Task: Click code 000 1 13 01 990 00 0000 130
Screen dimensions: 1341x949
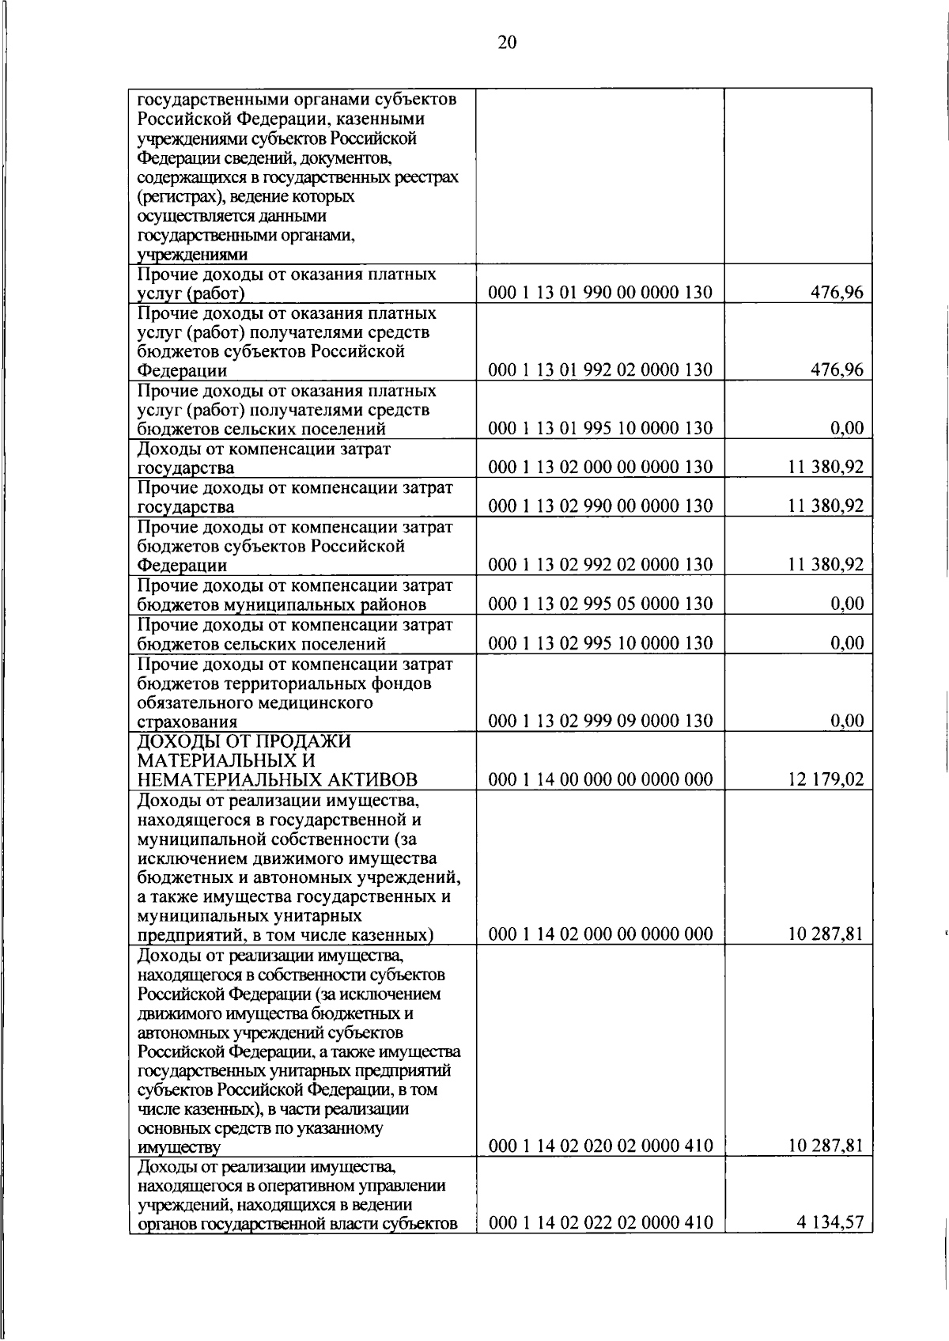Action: click(600, 293)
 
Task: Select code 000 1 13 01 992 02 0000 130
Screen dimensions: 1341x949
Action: click(600, 369)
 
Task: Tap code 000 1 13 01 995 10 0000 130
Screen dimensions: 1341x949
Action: click(600, 429)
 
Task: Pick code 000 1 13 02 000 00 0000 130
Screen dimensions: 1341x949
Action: click(600, 468)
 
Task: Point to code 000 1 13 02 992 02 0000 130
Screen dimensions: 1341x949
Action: click(600, 565)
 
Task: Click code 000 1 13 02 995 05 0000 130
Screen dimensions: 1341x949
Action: click(600, 604)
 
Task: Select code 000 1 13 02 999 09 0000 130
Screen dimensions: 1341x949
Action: click(600, 721)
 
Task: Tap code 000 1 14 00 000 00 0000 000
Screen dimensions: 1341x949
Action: click(600, 779)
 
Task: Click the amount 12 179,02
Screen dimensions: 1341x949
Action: click(826, 779)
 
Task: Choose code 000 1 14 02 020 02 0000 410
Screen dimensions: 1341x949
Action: click(600, 1146)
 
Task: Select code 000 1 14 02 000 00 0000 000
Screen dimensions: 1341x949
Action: click(600, 934)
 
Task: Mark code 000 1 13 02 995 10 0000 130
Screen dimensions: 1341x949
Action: click(600, 643)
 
